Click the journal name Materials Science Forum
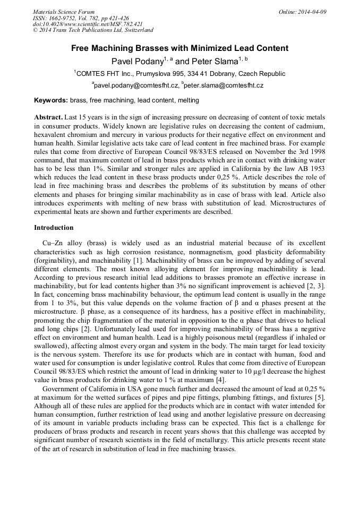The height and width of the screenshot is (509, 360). coord(64,12)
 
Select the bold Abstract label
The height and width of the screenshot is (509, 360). coord(48,117)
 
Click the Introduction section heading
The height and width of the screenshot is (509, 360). coord(54,228)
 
